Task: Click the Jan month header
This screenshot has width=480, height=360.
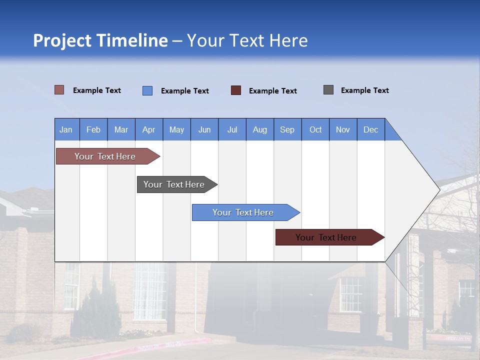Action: point(66,129)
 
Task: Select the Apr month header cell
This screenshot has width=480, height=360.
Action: point(149,129)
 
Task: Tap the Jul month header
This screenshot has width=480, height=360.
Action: point(232,129)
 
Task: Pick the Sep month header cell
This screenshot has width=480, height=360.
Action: point(287,129)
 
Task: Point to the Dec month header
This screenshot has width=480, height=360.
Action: point(370,129)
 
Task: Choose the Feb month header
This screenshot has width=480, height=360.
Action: point(93,129)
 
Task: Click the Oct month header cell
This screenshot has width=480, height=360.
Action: point(315,129)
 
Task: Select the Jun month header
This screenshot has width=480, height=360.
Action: point(204,129)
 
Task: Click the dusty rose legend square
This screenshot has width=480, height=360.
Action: point(59,90)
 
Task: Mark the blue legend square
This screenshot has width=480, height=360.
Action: point(147,90)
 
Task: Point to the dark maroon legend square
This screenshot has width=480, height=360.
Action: point(236,90)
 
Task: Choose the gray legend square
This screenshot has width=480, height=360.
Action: point(328,90)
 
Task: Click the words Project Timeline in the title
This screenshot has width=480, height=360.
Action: point(100,40)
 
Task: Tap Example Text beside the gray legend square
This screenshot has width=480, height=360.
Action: point(364,90)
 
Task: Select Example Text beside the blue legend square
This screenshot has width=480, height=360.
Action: point(184,91)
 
